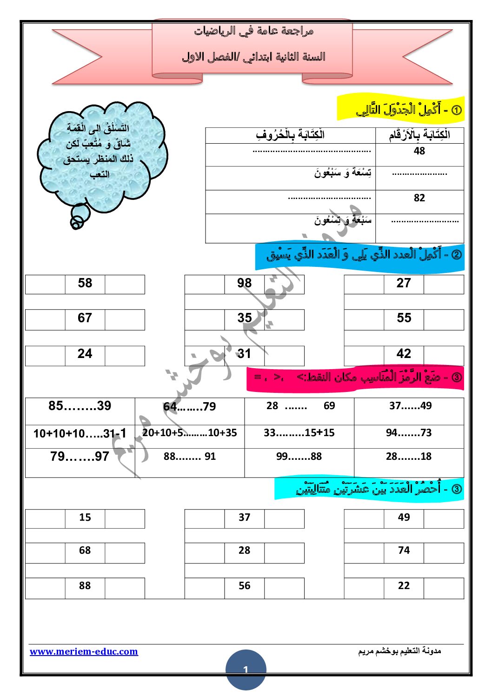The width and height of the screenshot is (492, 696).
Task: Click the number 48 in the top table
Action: click(419, 151)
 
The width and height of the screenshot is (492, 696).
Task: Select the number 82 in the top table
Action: click(419, 198)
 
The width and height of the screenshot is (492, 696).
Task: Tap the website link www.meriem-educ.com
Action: click(84, 651)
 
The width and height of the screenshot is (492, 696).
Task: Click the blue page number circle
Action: click(246, 669)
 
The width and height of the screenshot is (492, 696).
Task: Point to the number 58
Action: click(85, 283)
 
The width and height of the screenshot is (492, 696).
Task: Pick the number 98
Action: click(244, 283)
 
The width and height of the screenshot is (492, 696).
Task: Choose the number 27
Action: click(404, 283)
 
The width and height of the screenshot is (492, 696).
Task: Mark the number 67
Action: click(85, 318)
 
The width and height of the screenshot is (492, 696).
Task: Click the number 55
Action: click(404, 318)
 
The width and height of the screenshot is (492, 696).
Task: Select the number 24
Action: click(85, 354)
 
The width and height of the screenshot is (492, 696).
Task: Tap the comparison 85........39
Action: click(80, 406)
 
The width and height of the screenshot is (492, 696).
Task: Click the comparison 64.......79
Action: click(189, 407)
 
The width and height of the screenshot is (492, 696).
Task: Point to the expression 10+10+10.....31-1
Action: click(80, 434)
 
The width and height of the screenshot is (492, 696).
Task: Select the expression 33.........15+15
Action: click(299, 433)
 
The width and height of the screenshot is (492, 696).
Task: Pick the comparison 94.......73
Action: click(408, 433)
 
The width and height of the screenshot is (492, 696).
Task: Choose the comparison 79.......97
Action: click(80, 457)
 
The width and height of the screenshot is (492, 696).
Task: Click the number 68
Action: click(85, 550)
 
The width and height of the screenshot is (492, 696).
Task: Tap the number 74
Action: click(404, 550)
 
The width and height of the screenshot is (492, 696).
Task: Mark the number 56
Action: click(244, 586)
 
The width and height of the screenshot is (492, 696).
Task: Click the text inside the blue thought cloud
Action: click(99, 151)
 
